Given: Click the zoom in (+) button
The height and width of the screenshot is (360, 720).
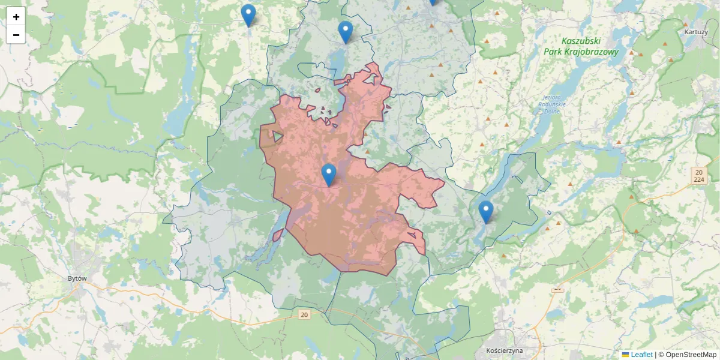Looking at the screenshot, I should [16, 17].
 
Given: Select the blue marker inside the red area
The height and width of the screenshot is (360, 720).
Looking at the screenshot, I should [328, 174].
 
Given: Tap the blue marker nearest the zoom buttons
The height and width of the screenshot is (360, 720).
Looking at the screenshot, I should [248, 15].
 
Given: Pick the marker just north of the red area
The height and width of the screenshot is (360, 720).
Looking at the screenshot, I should [345, 32].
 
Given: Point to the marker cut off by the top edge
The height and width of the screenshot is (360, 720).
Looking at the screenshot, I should [433, 2].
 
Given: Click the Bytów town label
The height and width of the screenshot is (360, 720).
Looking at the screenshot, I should [78, 279].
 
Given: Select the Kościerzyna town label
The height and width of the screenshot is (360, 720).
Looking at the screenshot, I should [505, 350].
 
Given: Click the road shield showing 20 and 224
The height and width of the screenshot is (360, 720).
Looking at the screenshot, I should [698, 176].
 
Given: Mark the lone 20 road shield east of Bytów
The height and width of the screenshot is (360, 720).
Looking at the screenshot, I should [304, 314].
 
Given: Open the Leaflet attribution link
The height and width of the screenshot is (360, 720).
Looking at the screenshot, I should [641, 355].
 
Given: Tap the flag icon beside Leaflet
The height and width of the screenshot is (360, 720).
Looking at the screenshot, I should [626, 355].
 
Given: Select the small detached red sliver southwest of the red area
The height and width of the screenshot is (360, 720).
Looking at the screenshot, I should [278, 235].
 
